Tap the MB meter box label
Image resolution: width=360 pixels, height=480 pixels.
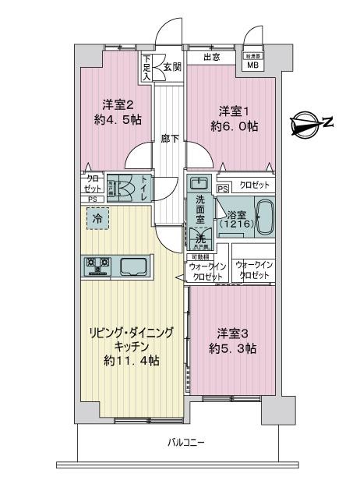tap(253, 65)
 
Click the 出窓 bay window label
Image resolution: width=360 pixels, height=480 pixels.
tap(210, 57)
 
